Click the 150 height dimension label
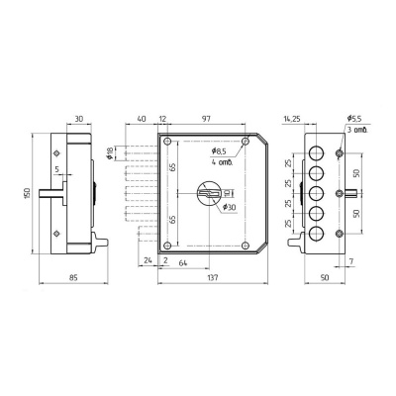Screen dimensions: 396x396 [x=27, y=193]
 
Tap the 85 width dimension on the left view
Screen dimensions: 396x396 [x=73, y=278]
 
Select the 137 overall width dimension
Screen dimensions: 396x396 [x=213, y=278]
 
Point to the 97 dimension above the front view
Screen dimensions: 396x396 [x=206, y=119]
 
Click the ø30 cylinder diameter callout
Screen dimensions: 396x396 [x=230, y=207]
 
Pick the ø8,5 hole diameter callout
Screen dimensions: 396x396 [x=219, y=151]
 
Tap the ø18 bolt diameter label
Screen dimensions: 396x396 [x=111, y=153]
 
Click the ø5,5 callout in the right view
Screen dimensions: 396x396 [x=354, y=119]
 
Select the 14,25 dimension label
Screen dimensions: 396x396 [x=292, y=119]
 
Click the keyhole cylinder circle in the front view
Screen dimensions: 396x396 [x=209, y=193]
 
